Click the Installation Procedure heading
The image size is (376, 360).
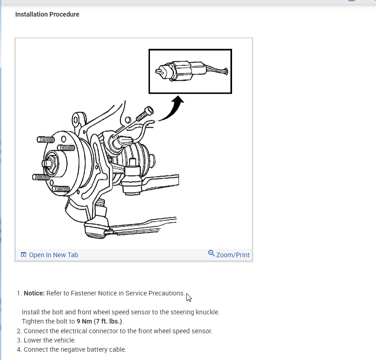pyautogui.click(x=47, y=14)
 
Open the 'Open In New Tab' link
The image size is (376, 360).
pyautogui.click(x=54, y=255)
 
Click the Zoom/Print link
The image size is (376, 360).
pyautogui.click(x=233, y=255)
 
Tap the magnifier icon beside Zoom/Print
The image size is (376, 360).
pyautogui.click(x=211, y=253)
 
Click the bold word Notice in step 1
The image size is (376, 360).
pyautogui.click(x=34, y=293)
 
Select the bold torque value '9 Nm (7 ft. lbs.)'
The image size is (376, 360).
pyautogui.click(x=100, y=321)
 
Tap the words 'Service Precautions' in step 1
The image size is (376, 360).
pyautogui.click(x=155, y=293)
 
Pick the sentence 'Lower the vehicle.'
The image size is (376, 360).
pyautogui.click(x=50, y=340)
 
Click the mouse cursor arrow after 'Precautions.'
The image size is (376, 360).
pyautogui.click(x=189, y=297)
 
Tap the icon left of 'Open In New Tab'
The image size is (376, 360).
pyautogui.click(x=24, y=255)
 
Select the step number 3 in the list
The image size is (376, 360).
pyautogui.click(x=18, y=340)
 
